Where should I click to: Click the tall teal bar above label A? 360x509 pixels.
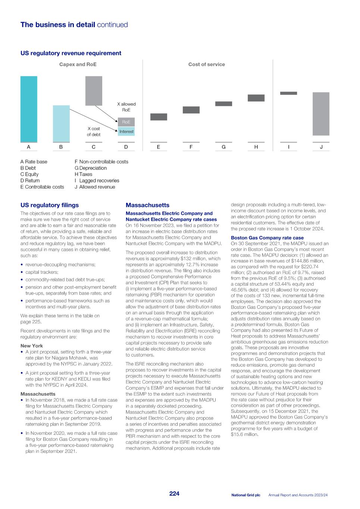coord(29,109)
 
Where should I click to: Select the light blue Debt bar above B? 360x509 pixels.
coord(61,123)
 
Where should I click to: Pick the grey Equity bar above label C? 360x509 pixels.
coord(94,91)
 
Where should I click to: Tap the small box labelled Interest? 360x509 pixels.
coord(126,131)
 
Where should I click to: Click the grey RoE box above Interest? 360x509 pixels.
coord(126,122)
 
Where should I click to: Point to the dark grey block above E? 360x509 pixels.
coord(159,117)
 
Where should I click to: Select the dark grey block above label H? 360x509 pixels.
coord(256,98)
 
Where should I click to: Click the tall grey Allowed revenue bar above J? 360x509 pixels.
coord(321,114)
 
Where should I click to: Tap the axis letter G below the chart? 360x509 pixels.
coord(223,147)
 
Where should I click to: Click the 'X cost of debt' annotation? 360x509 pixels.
coord(94,131)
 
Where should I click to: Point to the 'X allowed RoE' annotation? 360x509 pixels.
coord(126,107)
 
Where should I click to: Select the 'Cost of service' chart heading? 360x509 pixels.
coord(206,65)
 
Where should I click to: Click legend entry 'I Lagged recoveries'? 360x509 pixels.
coord(97,180)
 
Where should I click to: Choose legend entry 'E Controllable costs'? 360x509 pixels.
coord(42,187)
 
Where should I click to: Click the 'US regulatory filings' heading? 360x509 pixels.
coord(50,205)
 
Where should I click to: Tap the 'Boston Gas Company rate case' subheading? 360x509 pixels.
coord(267,238)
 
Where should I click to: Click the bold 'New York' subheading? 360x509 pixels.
coord(32,346)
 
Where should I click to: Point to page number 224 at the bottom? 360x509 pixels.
coord(174,494)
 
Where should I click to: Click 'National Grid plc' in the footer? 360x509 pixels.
coord(245,495)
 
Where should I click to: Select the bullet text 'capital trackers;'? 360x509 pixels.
coord(42,272)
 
